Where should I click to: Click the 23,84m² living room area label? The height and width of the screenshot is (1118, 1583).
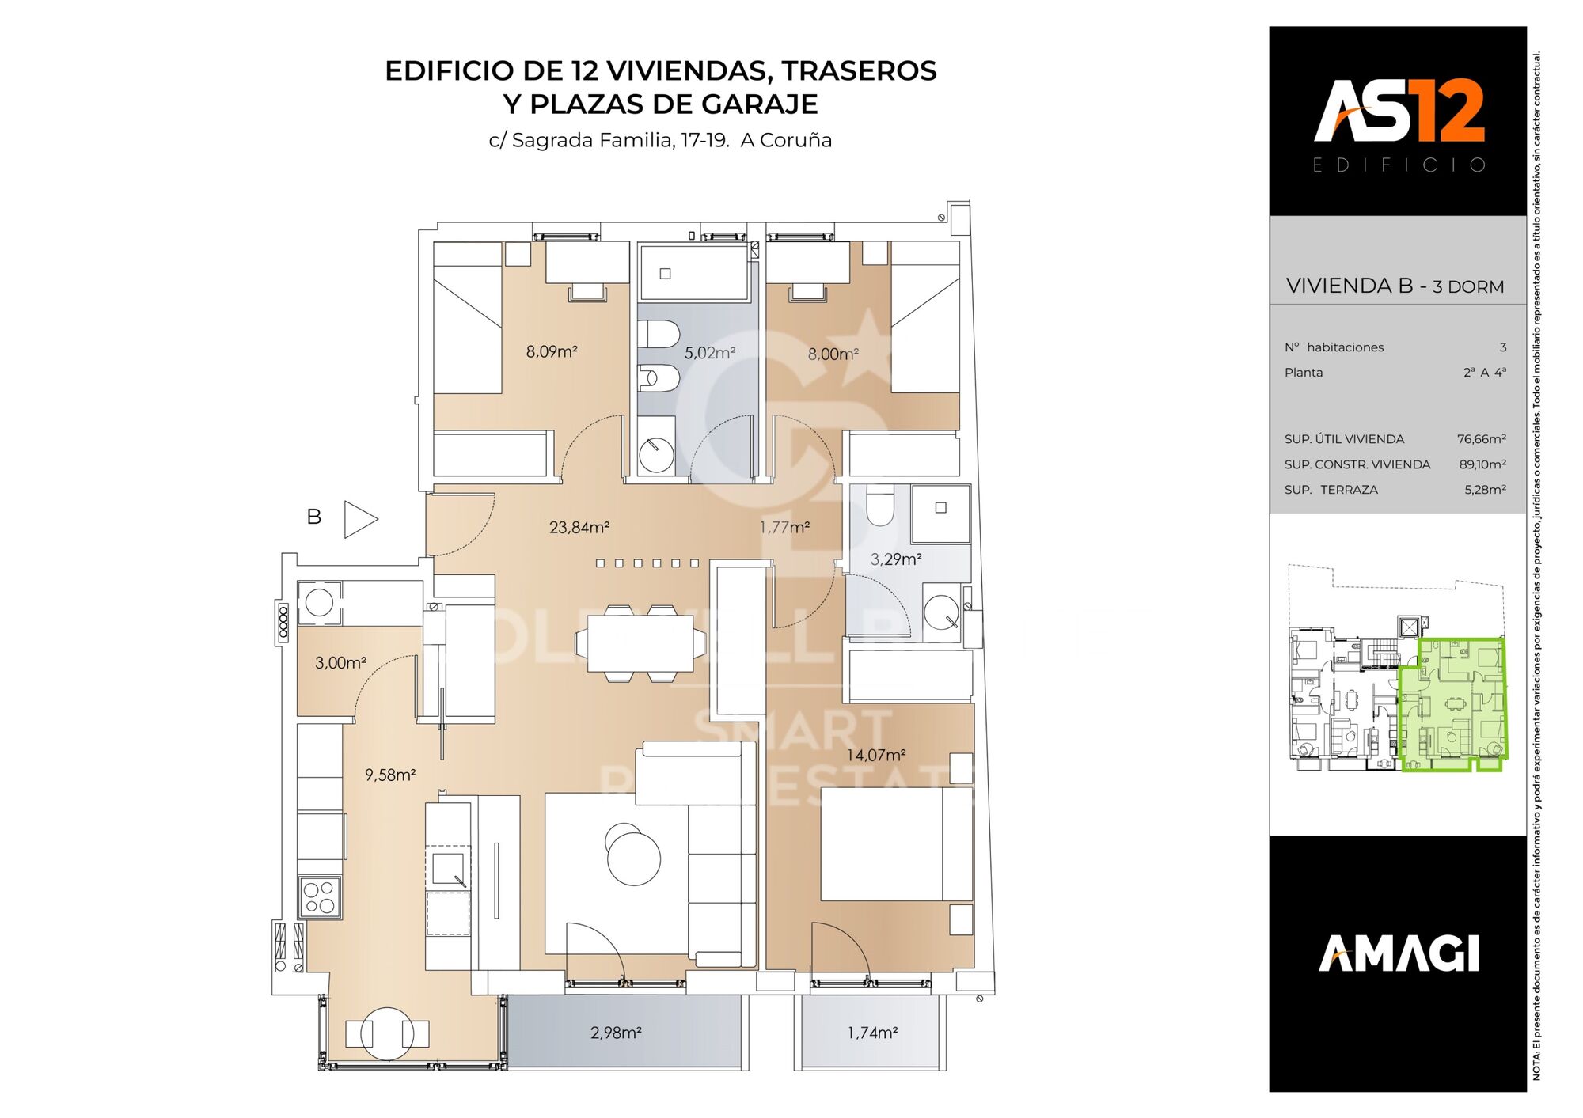pyautogui.click(x=579, y=527)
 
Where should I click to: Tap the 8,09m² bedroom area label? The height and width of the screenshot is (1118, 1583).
pyautogui.click(x=552, y=351)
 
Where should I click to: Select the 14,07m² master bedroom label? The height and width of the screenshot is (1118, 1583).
pyautogui.click(x=875, y=755)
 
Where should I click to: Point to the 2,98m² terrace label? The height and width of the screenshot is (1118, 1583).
pyautogui.click(x=615, y=1033)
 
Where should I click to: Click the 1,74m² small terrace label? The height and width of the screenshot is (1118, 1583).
pyautogui.click(x=872, y=1033)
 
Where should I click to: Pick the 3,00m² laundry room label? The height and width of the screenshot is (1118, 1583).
pyautogui.click(x=340, y=663)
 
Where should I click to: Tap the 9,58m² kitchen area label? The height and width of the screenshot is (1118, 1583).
pyautogui.click(x=389, y=775)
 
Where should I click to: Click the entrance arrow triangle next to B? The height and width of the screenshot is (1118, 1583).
pyautogui.click(x=359, y=520)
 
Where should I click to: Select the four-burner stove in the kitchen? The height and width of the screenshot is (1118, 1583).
pyautogui.click(x=320, y=897)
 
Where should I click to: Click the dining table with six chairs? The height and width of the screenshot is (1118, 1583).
pyautogui.click(x=640, y=643)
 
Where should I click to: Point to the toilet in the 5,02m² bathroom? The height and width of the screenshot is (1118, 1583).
pyautogui.click(x=658, y=334)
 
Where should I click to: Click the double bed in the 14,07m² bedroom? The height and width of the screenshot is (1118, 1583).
pyautogui.click(x=895, y=844)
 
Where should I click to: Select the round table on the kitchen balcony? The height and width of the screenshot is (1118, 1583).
pyautogui.click(x=387, y=1033)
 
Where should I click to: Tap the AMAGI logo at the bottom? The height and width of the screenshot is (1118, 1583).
pyautogui.click(x=1398, y=953)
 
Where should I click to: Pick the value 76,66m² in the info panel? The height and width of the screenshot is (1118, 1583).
pyautogui.click(x=1481, y=439)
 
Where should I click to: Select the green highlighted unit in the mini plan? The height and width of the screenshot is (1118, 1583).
pyautogui.click(x=1452, y=704)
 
